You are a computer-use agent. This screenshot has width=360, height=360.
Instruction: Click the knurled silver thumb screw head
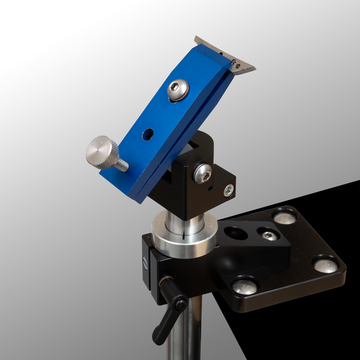[x=101, y=150]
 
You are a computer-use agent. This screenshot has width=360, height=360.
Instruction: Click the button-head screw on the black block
[x=202, y=173]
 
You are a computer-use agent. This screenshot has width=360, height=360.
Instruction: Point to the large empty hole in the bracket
[x=234, y=234]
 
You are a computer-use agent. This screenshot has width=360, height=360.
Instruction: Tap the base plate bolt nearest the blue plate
[x=286, y=217]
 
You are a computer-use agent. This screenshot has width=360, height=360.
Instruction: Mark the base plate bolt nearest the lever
[x=245, y=286]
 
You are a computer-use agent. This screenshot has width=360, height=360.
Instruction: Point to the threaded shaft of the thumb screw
[x=122, y=164]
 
